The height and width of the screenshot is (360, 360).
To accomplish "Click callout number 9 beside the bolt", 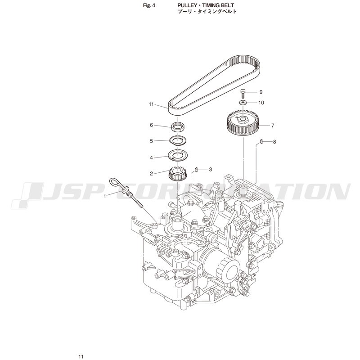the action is (x=261, y=92).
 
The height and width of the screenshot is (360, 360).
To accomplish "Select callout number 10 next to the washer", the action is (x=261, y=103).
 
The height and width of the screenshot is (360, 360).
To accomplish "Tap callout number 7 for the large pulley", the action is (x=273, y=126).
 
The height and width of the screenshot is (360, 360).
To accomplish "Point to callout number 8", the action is (x=274, y=142).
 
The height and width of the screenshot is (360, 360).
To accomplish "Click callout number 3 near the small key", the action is (x=210, y=170).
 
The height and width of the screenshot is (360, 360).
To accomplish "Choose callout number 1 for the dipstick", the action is (x=105, y=196).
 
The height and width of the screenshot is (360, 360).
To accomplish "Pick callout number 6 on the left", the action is (x=151, y=125).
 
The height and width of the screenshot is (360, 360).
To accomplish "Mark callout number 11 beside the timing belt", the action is (x=151, y=104).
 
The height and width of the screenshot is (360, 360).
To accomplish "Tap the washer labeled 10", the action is (x=243, y=102).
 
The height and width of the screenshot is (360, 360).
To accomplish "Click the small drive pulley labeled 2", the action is (x=177, y=174).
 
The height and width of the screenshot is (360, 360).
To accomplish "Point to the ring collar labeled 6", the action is (x=178, y=127).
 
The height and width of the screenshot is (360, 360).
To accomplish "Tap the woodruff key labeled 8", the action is (x=261, y=142).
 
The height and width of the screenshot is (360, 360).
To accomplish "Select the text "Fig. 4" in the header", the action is (x=149, y=5).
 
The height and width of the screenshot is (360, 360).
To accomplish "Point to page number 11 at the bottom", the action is (x=81, y=356).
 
